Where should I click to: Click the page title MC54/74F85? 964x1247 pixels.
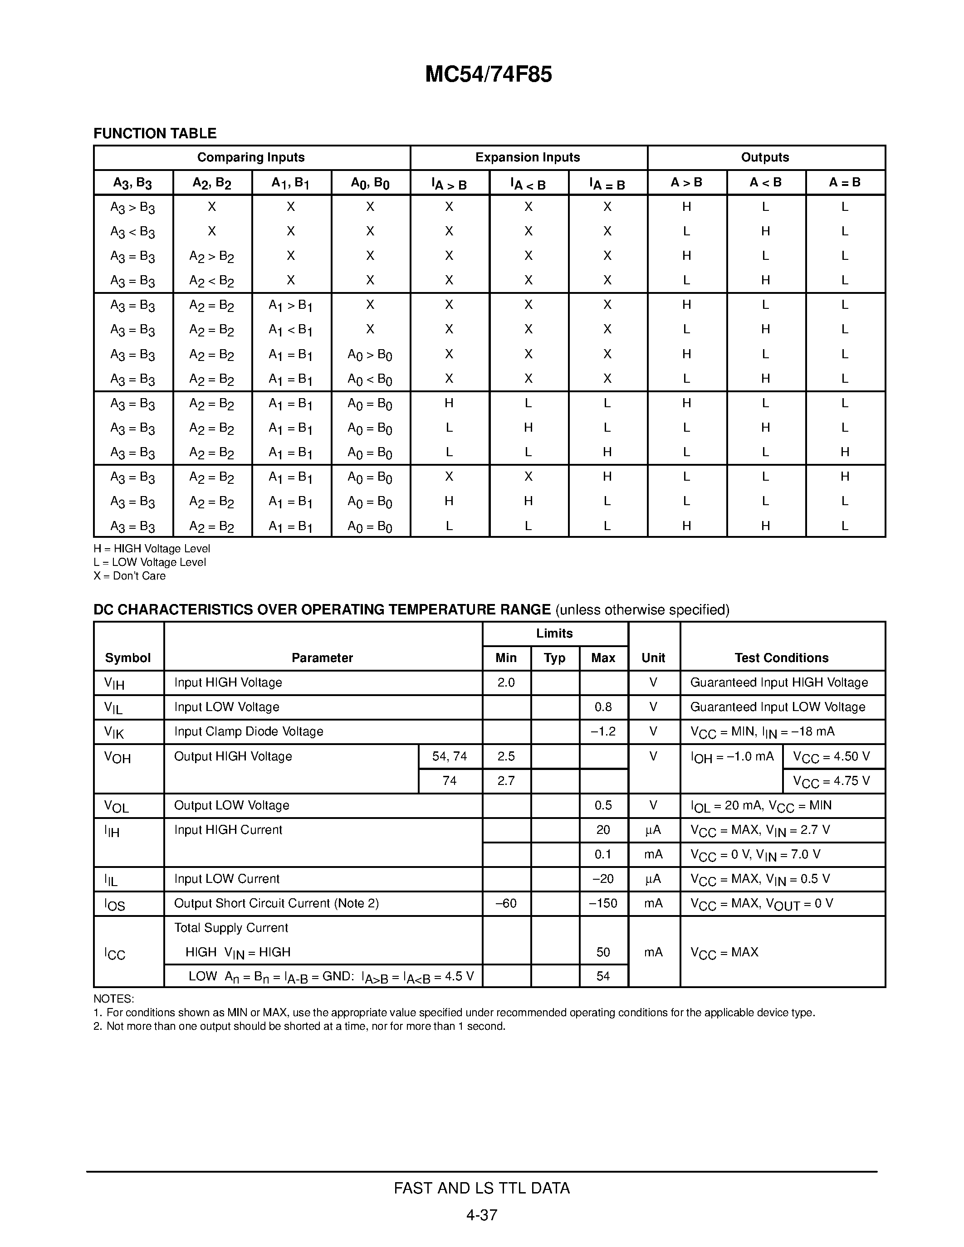(488, 75)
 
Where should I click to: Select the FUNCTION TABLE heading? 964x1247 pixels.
(155, 134)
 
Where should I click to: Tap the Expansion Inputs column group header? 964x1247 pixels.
(528, 158)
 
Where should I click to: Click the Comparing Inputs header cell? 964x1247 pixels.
(251, 158)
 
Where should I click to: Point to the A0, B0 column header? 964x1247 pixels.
(370, 183)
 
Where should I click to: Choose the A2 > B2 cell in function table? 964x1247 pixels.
(211, 256)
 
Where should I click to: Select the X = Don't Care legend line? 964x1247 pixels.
(130, 576)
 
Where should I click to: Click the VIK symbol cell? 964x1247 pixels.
(114, 732)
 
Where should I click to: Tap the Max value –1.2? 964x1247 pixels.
(603, 731)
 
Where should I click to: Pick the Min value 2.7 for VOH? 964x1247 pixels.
(506, 780)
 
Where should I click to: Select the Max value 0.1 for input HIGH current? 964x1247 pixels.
(603, 854)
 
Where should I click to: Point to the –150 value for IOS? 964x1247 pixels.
(603, 903)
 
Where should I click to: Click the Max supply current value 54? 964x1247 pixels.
(603, 976)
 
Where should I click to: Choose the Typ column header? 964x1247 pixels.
(554, 658)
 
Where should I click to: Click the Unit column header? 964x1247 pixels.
(653, 658)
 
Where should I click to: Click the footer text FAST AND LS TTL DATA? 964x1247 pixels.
(481, 1188)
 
